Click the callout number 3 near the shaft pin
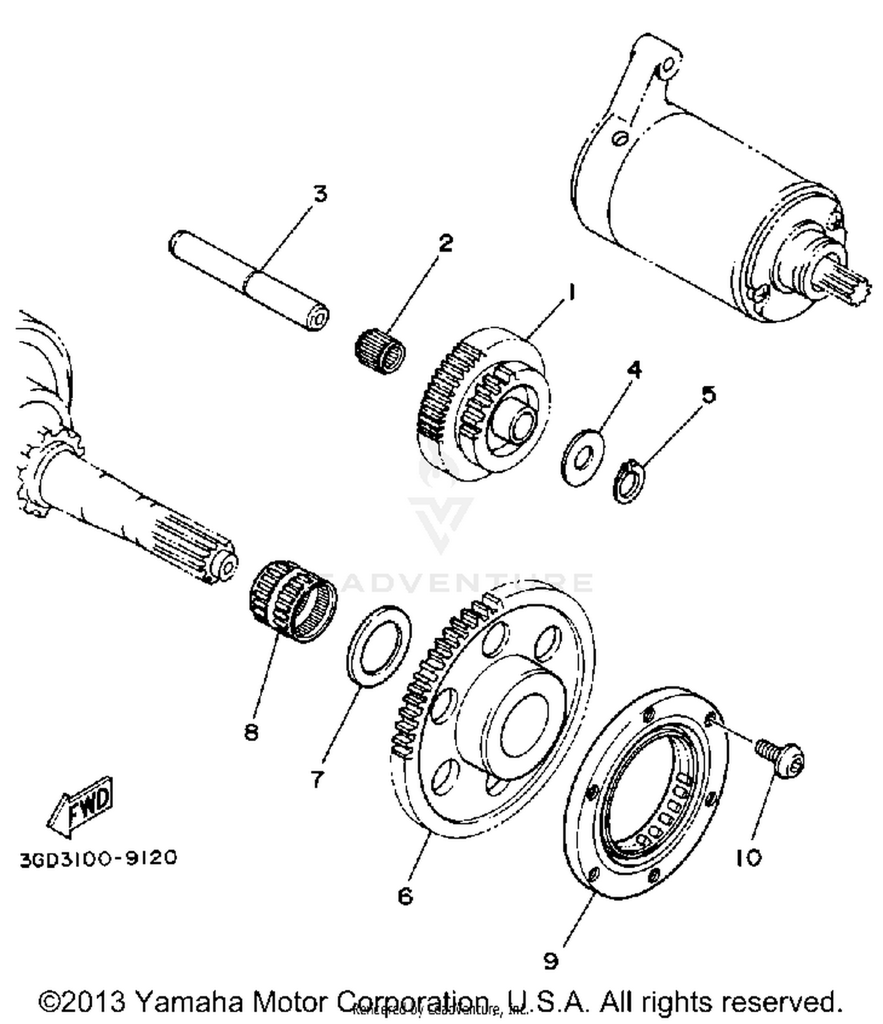tap(319, 194)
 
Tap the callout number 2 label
tap(446, 242)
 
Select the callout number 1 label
tap(570, 292)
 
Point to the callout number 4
tap(634, 369)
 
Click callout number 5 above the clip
tap(709, 395)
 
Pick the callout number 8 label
tap(251, 732)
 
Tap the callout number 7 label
tap(317, 779)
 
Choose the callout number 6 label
tap(406, 896)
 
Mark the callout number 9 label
tap(550, 961)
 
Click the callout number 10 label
tap(748, 858)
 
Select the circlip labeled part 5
tap(629, 482)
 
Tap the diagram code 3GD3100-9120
tap(98, 858)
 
